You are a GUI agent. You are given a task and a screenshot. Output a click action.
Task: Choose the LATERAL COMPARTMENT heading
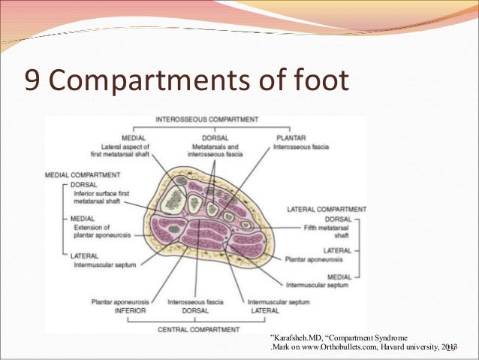[x=327, y=208]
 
